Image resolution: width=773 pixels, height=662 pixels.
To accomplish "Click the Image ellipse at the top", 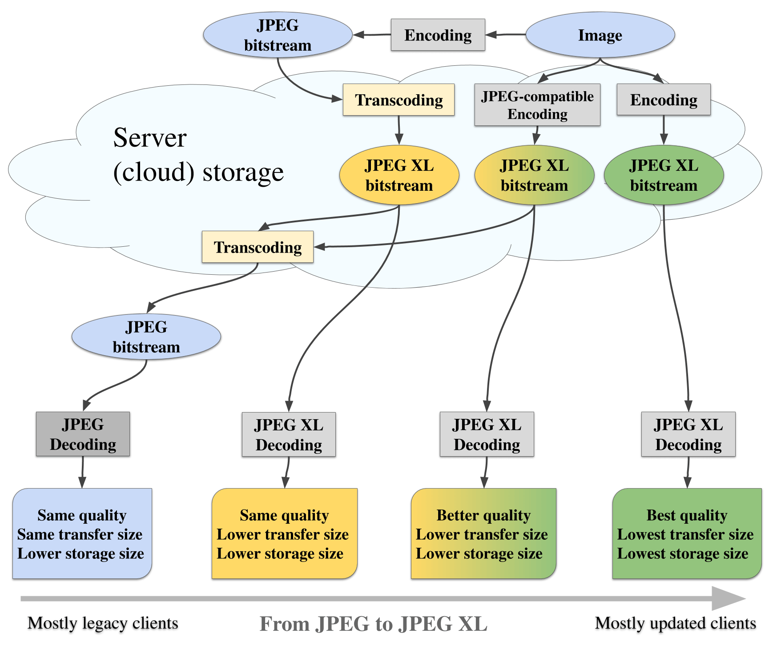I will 600,35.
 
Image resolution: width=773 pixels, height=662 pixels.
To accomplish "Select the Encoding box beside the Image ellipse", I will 438,35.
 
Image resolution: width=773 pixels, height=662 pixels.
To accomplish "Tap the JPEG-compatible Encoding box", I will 537,105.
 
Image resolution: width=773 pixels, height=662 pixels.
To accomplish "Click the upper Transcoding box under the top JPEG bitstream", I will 399,100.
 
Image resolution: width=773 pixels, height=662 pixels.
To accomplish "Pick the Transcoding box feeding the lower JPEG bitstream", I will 258,247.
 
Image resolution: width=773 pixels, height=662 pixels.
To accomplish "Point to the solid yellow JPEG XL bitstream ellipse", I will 399,175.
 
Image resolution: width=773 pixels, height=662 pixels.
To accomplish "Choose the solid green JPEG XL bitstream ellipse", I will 664,175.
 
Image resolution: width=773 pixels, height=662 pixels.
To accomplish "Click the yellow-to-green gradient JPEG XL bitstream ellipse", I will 534,175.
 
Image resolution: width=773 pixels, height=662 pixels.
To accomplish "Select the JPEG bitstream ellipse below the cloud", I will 146,337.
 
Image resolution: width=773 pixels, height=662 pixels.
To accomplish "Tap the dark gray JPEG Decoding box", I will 83,434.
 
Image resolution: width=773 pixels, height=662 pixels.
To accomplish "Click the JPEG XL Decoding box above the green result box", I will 688,434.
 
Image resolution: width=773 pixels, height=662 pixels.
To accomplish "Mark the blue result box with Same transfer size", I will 82,534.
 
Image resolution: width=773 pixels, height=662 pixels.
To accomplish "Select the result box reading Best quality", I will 687,534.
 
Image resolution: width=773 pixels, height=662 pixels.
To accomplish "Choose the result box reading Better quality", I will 483,534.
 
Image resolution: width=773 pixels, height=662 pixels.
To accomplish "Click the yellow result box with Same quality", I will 285,534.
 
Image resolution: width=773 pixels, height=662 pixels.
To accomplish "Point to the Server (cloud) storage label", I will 198,155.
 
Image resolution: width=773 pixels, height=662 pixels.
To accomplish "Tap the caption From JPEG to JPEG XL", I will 373,624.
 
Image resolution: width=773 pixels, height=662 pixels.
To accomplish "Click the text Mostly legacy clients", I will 103,623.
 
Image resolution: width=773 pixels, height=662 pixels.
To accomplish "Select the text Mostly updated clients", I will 675,623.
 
